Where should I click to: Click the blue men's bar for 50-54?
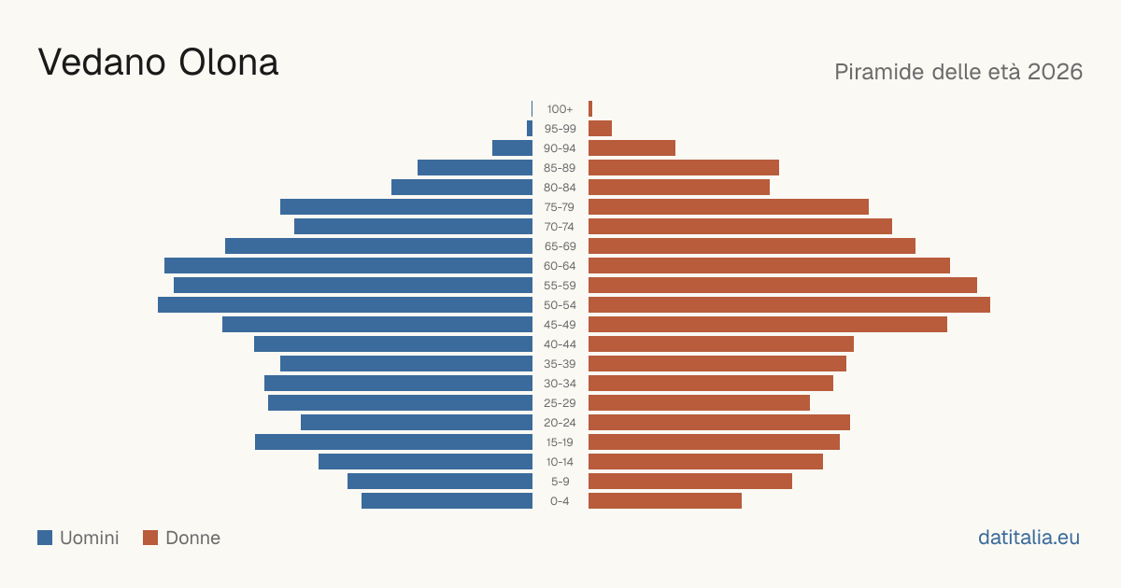(x=346, y=305)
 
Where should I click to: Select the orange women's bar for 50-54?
(x=789, y=305)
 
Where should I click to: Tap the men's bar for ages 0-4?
(x=447, y=501)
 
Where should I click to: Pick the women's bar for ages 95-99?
(x=600, y=129)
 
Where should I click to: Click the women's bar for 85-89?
(x=684, y=167)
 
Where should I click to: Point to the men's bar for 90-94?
(x=513, y=148)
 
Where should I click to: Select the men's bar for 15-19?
(x=394, y=442)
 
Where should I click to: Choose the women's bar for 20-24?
(x=719, y=423)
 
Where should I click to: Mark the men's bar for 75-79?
(x=406, y=207)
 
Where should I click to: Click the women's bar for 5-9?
(x=690, y=482)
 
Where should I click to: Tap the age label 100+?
(x=560, y=109)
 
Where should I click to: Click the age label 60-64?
(x=560, y=266)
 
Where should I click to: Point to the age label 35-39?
(x=560, y=364)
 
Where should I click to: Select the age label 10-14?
(x=560, y=462)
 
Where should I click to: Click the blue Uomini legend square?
(x=45, y=538)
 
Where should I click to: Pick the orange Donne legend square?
(x=150, y=538)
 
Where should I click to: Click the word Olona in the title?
(x=228, y=63)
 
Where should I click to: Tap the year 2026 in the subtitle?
(x=1055, y=72)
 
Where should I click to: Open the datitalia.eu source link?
(x=1029, y=538)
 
